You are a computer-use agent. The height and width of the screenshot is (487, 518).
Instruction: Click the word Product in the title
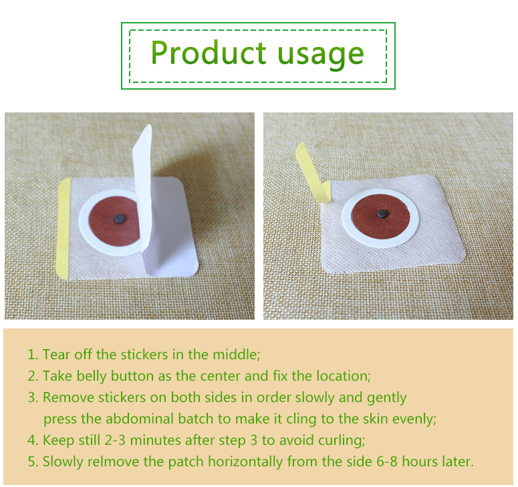(209, 52)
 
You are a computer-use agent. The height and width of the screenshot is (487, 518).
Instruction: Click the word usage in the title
(321, 56)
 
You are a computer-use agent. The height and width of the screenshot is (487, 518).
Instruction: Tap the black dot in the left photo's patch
(120, 218)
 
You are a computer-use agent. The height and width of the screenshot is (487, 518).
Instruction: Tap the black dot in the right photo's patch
(382, 213)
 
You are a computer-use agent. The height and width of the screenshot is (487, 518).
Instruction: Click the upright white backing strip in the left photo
(144, 199)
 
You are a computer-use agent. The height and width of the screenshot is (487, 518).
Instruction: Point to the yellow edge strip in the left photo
(63, 228)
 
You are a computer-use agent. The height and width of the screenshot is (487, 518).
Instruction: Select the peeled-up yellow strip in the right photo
(312, 173)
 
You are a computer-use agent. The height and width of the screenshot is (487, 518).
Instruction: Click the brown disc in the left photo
(114, 221)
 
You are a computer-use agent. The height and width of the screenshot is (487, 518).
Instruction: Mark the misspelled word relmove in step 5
(113, 462)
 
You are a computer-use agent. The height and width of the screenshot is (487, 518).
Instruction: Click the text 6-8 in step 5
(387, 462)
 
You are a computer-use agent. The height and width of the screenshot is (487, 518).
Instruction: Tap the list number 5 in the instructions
(31, 462)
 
